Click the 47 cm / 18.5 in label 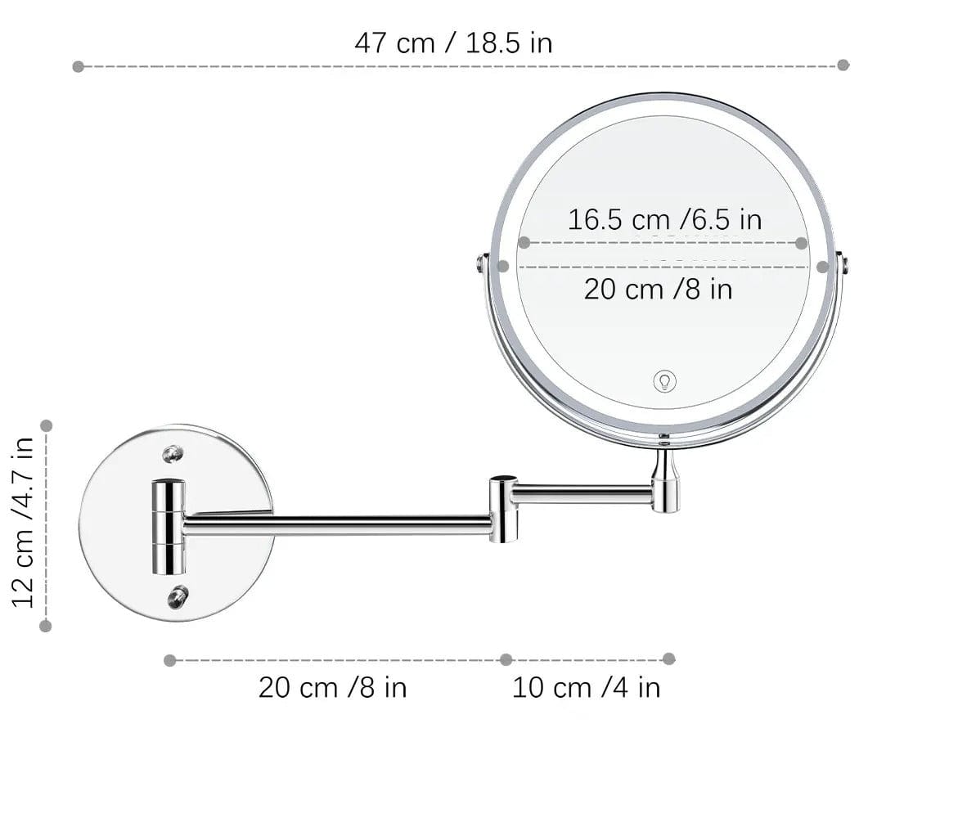click(453, 43)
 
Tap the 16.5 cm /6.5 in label click(664, 219)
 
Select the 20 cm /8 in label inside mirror click(658, 289)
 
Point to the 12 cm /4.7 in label click(24, 522)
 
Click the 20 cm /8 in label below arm click(332, 687)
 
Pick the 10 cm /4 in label click(586, 687)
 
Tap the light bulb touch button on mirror click(665, 380)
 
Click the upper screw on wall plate click(172, 453)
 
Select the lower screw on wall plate click(177, 596)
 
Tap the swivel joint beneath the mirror click(664, 483)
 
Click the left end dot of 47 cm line click(79, 66)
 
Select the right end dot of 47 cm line click(843, 65)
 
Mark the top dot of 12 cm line click(47, 425)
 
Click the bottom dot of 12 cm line click(46, 626)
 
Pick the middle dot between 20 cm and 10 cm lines click(506, 659)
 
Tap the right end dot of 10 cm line click(668, 658)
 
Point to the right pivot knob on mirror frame click(843, 263)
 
